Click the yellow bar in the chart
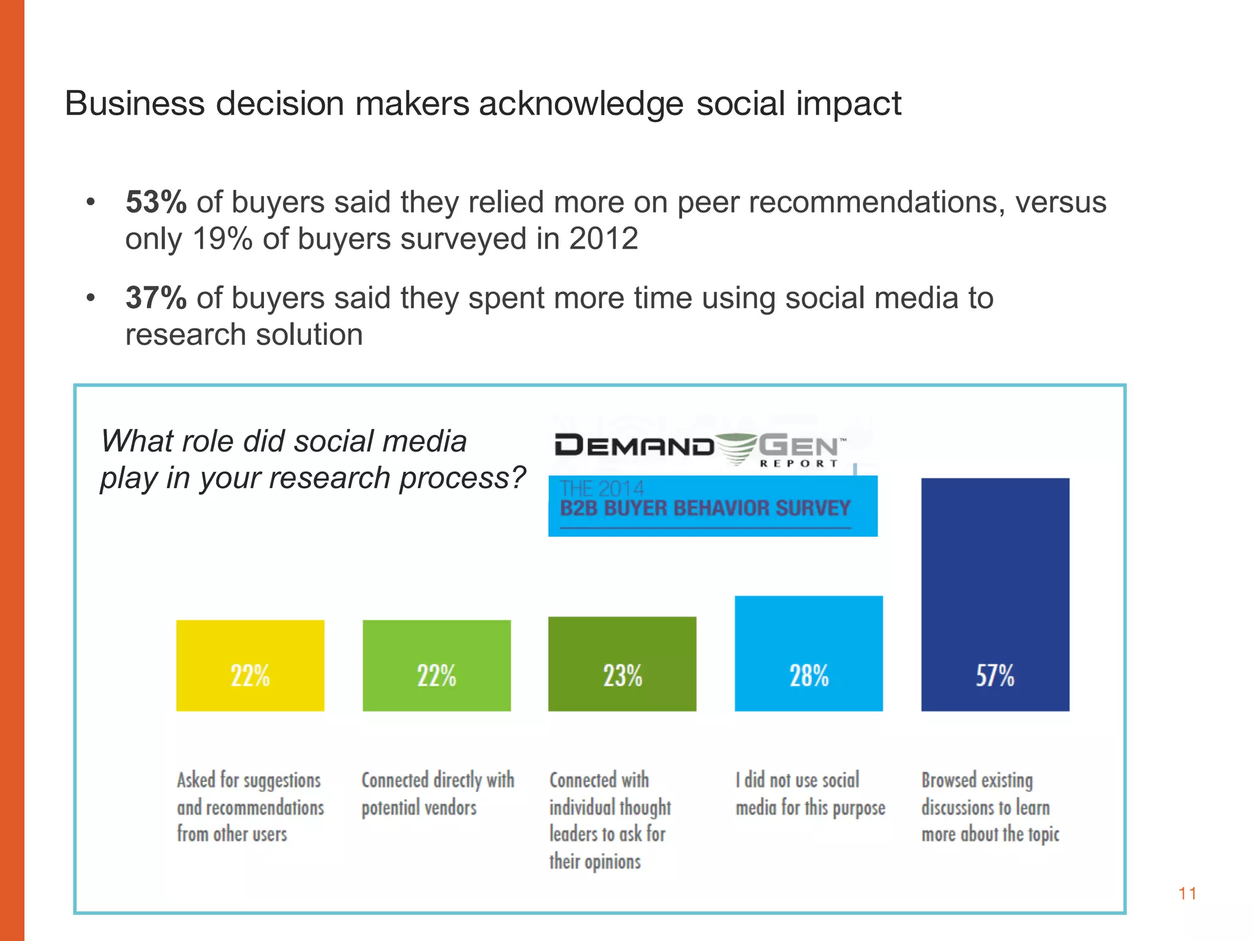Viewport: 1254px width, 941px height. point(250,665)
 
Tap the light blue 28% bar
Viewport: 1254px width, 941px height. point(808,653)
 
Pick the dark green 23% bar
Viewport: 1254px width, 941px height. point(622,663)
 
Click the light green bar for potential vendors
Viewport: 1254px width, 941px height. point(437,665)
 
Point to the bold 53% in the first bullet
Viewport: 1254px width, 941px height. point(156,202)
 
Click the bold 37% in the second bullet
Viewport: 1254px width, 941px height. point(156,298)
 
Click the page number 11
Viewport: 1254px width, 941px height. point(1187,894)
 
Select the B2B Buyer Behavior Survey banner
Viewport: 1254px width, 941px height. point(712,506)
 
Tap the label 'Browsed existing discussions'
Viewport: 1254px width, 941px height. point(989,807)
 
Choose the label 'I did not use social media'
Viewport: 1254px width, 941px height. point(809,794)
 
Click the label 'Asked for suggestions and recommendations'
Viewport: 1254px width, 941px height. point(250,807)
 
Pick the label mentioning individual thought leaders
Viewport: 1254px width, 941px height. point(610,820)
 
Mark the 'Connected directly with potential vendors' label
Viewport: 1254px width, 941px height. point(437,794)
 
